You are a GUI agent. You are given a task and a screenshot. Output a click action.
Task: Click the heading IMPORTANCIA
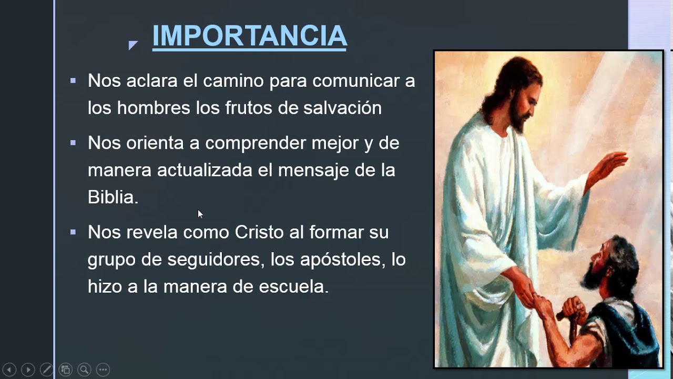tap(249, 36)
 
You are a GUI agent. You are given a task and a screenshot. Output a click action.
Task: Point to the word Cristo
tap(259, 233)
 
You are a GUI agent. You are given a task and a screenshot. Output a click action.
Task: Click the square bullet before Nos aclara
tap(73, 81)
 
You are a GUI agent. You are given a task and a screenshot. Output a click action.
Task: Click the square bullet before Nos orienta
tap(73, 143)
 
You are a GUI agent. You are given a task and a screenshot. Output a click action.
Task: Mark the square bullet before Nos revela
tap(73, 232)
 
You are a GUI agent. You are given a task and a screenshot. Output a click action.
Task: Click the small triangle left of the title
tap(132, 45)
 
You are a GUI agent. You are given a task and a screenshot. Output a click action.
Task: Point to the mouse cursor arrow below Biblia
tap(200, 214)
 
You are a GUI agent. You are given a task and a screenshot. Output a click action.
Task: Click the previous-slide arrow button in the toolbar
tap(9, 370)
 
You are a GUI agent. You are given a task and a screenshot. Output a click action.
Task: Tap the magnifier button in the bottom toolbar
tap(84, 370)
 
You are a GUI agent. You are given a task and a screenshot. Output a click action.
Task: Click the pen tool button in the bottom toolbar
tap(46, 370)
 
